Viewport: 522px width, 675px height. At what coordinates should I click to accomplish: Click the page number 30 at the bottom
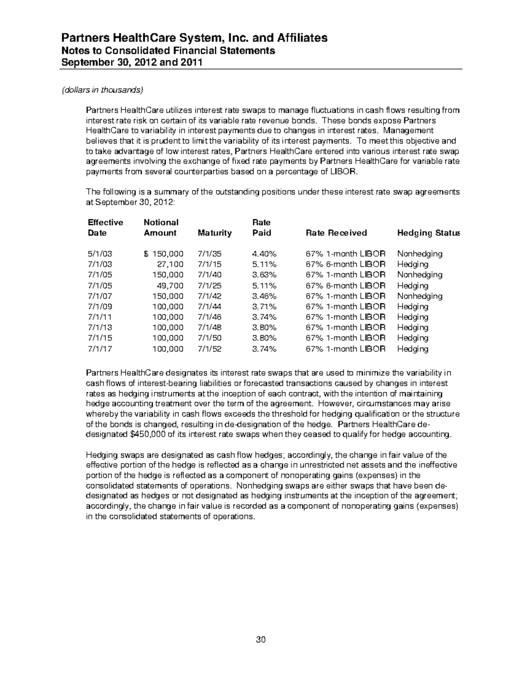click(x=261, y=639)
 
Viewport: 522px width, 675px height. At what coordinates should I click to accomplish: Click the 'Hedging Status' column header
click(x=428, y=233)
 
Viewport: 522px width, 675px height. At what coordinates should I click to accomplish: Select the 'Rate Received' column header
click(x=336, y=233)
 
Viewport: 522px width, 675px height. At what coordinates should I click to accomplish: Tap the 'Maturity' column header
click(x=214, y=233)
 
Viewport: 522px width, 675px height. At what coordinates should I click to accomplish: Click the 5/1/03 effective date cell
click(x=100, y=254)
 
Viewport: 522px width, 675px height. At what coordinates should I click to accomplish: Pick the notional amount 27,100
click(x=170, y=264)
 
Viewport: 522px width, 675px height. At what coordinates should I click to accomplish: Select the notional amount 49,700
click(x=170, y=286)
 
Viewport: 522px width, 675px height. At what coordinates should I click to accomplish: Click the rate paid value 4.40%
click(x=264, y=254)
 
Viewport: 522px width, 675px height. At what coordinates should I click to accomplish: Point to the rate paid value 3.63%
click(x=264, y=275)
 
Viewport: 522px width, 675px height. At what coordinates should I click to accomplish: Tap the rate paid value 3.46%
click(x=264, y=296)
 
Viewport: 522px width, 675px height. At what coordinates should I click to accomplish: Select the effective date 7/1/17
click(x=100, y=349)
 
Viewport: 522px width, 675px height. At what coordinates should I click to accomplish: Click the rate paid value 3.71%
click(x=264, y=306)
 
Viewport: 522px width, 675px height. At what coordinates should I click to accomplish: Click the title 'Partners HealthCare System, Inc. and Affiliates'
click(x=194, y=38)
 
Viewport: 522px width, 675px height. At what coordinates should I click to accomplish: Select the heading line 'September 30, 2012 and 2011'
click(x=132, y=62)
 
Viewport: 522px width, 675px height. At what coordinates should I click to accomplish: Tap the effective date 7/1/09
click(x=100, y=306)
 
